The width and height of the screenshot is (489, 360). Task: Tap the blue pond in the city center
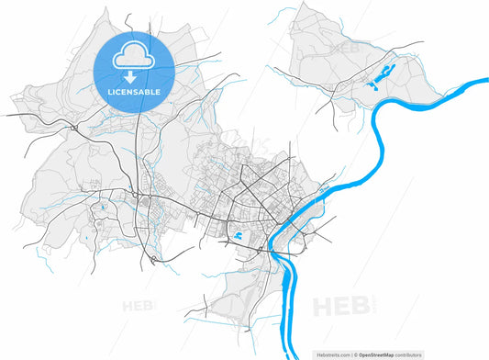tap(239, 236)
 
